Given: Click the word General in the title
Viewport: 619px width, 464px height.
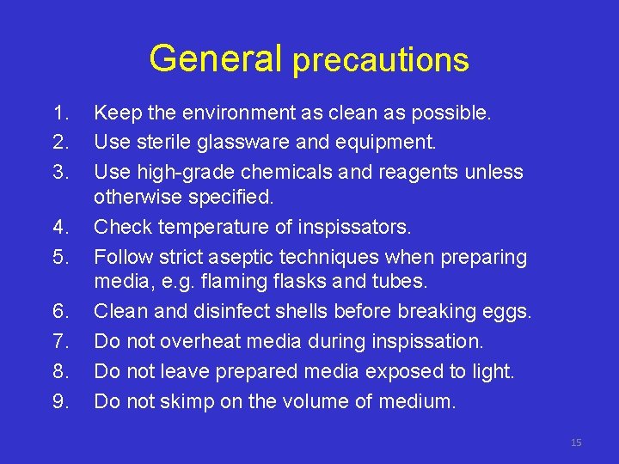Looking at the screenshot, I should (215, 58).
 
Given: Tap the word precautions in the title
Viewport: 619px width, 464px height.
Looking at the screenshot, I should (380, 60).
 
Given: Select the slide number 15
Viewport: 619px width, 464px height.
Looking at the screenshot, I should (575, 443).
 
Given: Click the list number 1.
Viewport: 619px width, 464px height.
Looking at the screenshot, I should (59, 113).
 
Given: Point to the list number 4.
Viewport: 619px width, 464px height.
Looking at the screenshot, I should (59, 228).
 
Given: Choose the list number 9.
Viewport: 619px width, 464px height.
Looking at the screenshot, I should (59, 401).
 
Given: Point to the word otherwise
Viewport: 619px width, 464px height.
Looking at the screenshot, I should (138, 198).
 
